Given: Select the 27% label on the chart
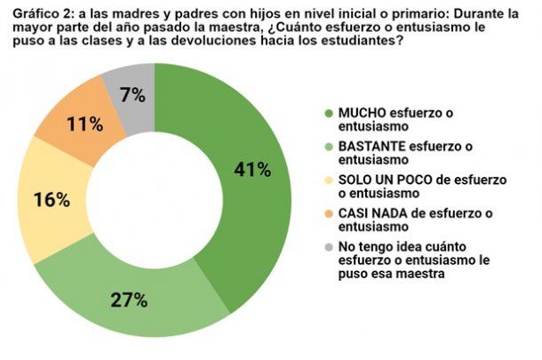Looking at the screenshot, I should (x=129, y=300).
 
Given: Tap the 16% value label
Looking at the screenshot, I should (x=52, y=200).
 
